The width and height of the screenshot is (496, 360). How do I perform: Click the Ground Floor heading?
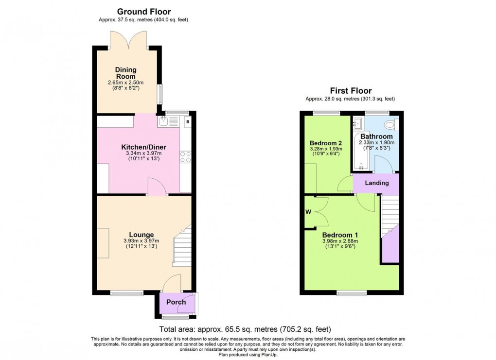143,12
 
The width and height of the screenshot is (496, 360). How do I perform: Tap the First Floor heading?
350,91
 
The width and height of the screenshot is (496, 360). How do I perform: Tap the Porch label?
176,302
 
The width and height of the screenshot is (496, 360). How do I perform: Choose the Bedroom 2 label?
326,143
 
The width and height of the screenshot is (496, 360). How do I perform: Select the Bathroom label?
376,137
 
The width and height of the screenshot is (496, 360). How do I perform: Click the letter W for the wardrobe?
308,211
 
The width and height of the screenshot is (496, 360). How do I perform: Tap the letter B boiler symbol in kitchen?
187,121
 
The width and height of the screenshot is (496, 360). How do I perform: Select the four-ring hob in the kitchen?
185,156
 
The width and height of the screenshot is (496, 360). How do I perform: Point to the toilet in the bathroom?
394,125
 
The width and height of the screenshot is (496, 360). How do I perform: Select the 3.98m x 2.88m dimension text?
340,240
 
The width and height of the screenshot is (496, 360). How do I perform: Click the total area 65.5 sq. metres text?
245,329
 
